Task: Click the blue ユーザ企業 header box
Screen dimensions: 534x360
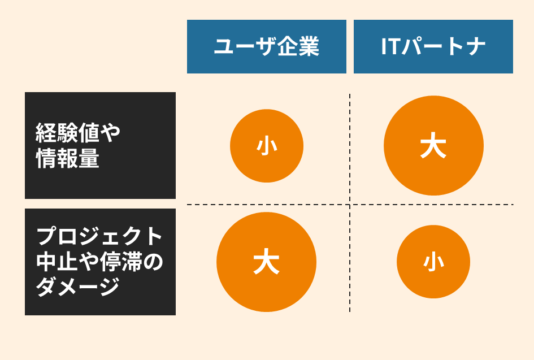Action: [x=267, y=47]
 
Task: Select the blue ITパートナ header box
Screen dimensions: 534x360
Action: [x=433, y=47]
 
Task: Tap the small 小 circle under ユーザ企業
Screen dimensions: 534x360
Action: [x=267, y=146]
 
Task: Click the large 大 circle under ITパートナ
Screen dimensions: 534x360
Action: [x=433, y=145]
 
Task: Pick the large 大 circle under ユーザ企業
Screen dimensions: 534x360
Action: [x=266, y=262]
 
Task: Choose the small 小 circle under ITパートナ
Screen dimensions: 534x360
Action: [x=433, y=262]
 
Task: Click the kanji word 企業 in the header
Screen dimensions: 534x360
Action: [x=299, y=46]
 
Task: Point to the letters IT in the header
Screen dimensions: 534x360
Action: [x=390, y=46]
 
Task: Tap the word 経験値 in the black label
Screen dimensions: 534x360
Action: [x=67, y=133]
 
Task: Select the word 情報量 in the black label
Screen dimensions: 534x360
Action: [x=67, y=158]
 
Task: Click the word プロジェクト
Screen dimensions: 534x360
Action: [x=99, y=236]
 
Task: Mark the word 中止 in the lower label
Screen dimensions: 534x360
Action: [x=57, y=261]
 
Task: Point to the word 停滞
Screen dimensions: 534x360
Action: [x=120, y=261]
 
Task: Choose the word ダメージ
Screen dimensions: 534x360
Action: [x=78, y=287]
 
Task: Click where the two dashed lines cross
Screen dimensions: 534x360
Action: [x=350, y=205]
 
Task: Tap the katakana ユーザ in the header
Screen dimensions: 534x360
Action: [x=246, y=46]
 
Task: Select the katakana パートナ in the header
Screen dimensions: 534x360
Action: [x=443, y=46]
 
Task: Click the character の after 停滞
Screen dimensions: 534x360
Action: [x=153, y=262]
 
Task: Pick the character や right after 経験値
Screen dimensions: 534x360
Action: [x=110, y=133]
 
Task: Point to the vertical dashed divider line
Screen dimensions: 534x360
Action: [x=350, y=203]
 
